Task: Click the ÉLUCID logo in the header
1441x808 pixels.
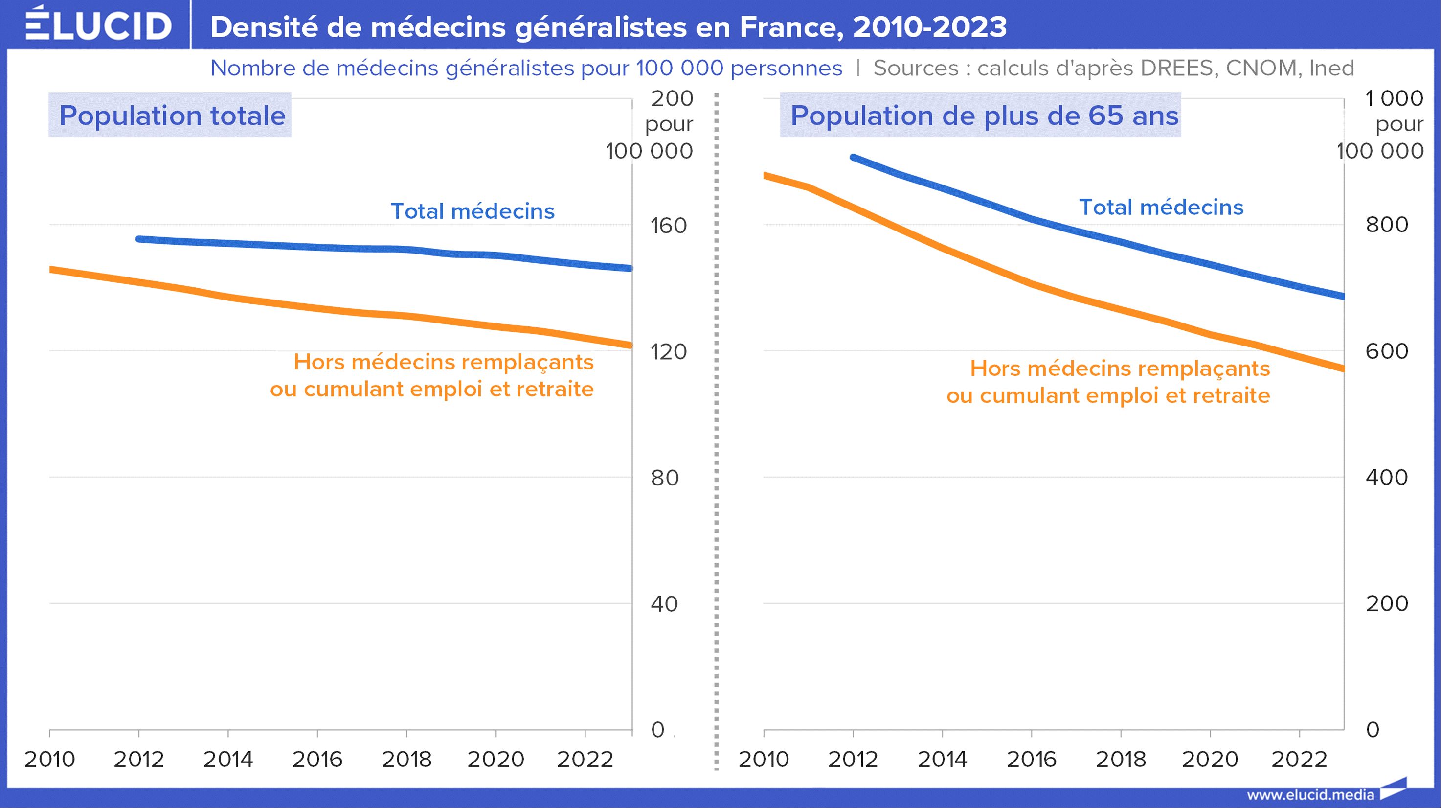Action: (x=98, y=25)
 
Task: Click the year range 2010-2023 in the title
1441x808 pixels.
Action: (x=930, y=27)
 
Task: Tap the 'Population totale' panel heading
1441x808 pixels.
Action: (x=172, y=115)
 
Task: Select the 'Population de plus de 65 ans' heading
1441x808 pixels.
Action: (x=984, y=115)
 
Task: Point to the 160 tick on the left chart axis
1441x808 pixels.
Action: (x=669, y=226)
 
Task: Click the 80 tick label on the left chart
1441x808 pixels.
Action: (x=665, y=478)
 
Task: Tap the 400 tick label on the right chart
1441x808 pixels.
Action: (x=1386, y=477)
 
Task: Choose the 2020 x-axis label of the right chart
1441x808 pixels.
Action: (x=1210, y=760)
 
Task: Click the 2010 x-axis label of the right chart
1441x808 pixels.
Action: (x=764, y=760)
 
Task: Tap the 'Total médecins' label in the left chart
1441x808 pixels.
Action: (x=472, y=211)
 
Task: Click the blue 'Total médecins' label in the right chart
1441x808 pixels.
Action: (x=1161, y=207)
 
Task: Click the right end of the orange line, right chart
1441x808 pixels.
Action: (x=1342, y=369)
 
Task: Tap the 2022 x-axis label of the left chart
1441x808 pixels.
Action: (x=585, y=760)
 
